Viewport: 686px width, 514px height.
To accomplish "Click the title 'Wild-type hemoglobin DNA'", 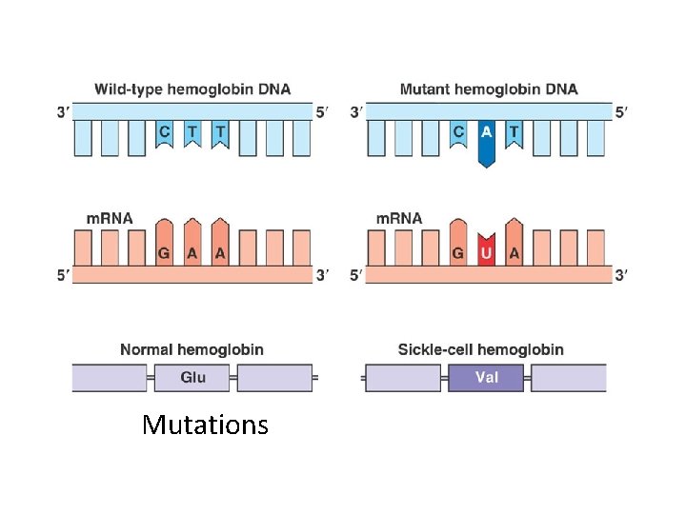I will point(192,89).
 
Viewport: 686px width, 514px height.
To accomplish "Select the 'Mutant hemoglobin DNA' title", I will point(488,89).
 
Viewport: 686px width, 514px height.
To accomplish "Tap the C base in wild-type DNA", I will point(166,133).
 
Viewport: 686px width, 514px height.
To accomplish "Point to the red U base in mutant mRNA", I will point(487,253).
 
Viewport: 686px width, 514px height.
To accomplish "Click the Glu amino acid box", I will point(192,378).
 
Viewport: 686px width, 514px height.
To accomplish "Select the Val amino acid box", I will point(487,378).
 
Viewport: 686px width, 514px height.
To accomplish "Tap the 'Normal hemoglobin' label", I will point(192,349).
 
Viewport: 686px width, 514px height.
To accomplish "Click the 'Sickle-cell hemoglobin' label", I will point(480,349).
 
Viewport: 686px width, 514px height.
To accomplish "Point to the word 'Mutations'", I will point(205,425).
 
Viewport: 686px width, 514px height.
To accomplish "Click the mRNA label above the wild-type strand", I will point(110,218).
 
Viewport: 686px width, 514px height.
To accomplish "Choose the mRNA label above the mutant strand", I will point(400,218).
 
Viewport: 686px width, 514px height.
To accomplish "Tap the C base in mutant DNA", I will point(459,133).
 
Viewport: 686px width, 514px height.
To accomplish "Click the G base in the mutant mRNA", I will point(459,253).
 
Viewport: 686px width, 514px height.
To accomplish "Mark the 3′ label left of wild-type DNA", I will point(63,112).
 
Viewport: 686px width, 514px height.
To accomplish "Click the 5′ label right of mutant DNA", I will point(621,112).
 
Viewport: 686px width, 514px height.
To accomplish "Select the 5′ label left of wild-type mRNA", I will point(63,276).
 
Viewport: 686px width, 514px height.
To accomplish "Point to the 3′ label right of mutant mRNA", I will point(621,276).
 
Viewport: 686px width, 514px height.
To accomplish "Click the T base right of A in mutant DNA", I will point(514,133).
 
